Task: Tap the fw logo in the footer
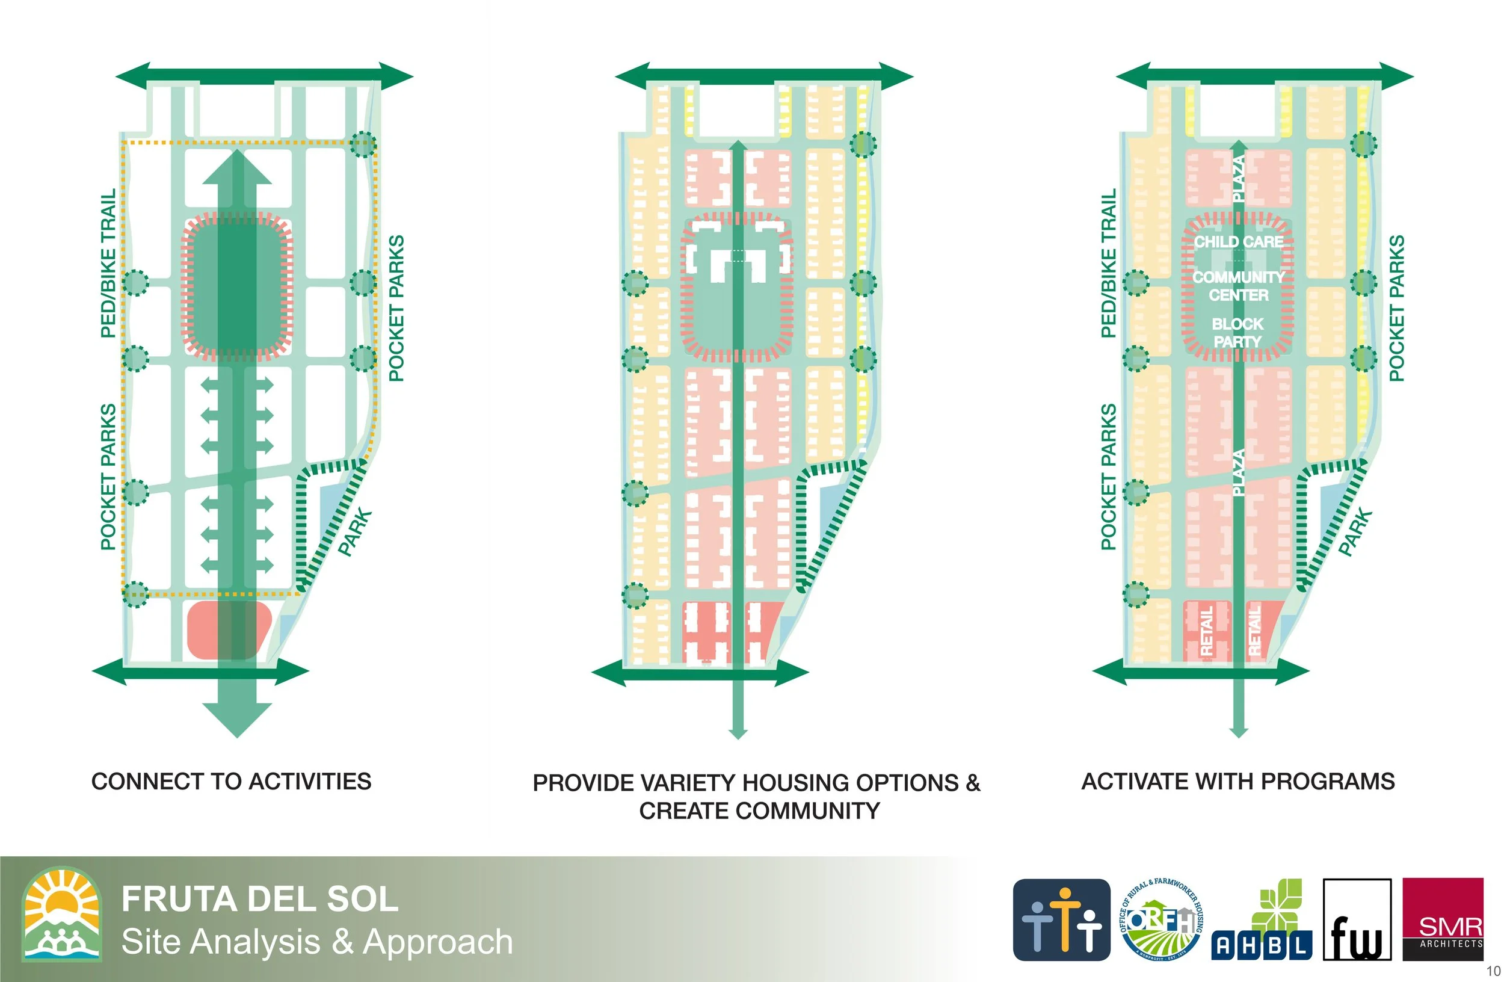[x=1357, y=919]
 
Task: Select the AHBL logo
[x=1262, y=920]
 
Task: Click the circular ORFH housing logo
[x=1162, y=919]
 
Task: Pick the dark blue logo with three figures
[x=1061, y=919]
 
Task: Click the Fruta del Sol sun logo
[x=62, y=914]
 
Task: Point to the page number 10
[x=1493, y=970]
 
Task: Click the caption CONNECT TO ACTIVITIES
[x=231, y=782]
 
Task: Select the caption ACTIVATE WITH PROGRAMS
[x=1238, y=782]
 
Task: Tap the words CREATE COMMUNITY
[x=759, y=811]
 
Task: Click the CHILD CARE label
[x=1238, y=241]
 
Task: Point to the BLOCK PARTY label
[x=1237, y=332]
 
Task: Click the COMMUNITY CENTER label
[x=1238, y=286]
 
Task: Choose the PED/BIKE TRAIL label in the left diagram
[x=109, y=263]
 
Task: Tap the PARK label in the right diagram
[x=1355, y=532]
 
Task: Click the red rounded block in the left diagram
[x=229, y=630]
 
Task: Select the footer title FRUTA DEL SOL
[x=260, y=898]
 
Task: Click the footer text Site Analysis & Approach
[x=316, y=942]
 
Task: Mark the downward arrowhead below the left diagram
[x=237, y=720]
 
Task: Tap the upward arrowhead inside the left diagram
[x=237, y=167]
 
